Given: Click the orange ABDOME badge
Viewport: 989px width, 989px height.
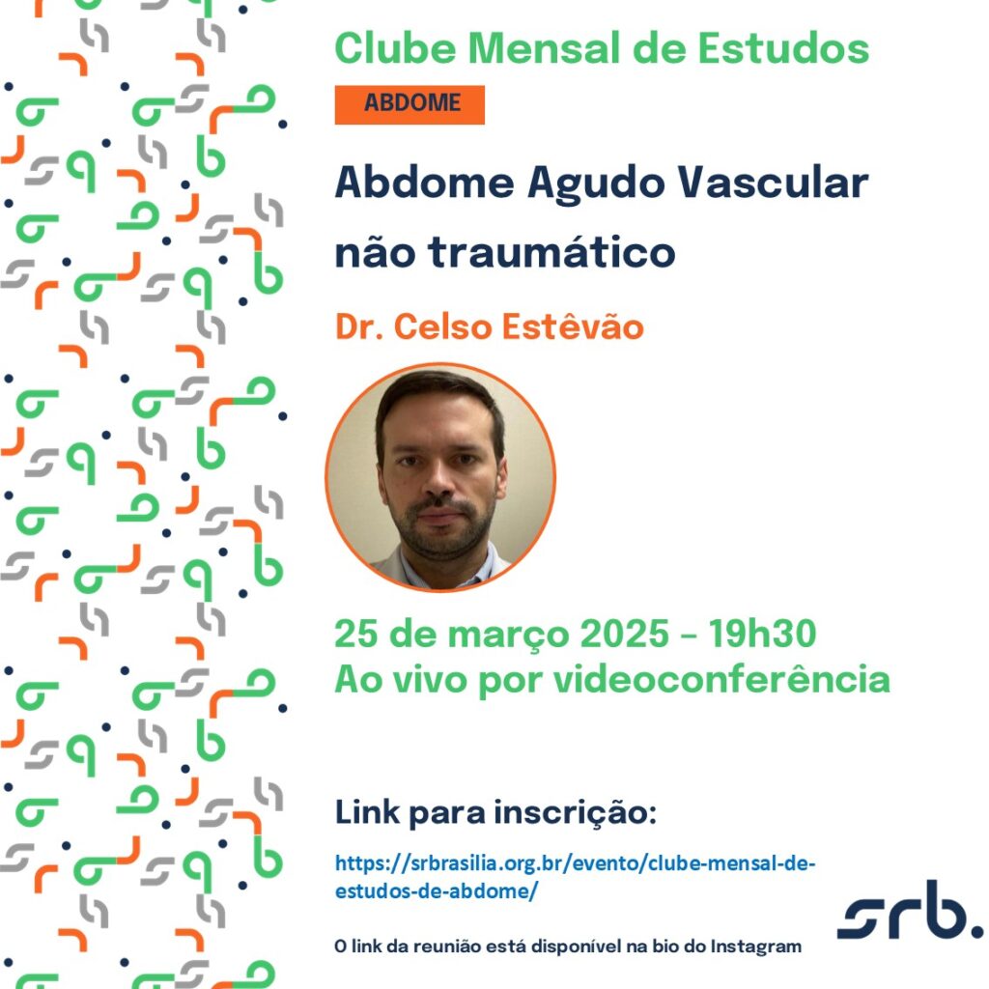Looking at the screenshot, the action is click(410, 104).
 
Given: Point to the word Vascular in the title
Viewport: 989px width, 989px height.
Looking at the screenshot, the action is click(773, 183).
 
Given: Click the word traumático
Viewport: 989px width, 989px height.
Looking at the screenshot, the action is click(551, 252).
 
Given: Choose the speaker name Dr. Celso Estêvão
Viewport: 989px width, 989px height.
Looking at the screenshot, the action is click(490, 326).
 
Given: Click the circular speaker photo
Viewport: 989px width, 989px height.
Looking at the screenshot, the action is click(440, 477).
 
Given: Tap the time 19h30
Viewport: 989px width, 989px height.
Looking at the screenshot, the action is click(762, 634).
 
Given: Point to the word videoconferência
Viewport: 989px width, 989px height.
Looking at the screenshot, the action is click(721, 679).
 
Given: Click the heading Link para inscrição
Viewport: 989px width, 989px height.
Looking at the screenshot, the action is click(495, 812).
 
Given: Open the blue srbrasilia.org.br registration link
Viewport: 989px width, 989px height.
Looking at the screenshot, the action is click(576, 877).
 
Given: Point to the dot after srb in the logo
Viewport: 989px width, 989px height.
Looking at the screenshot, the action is click(975, 931).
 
